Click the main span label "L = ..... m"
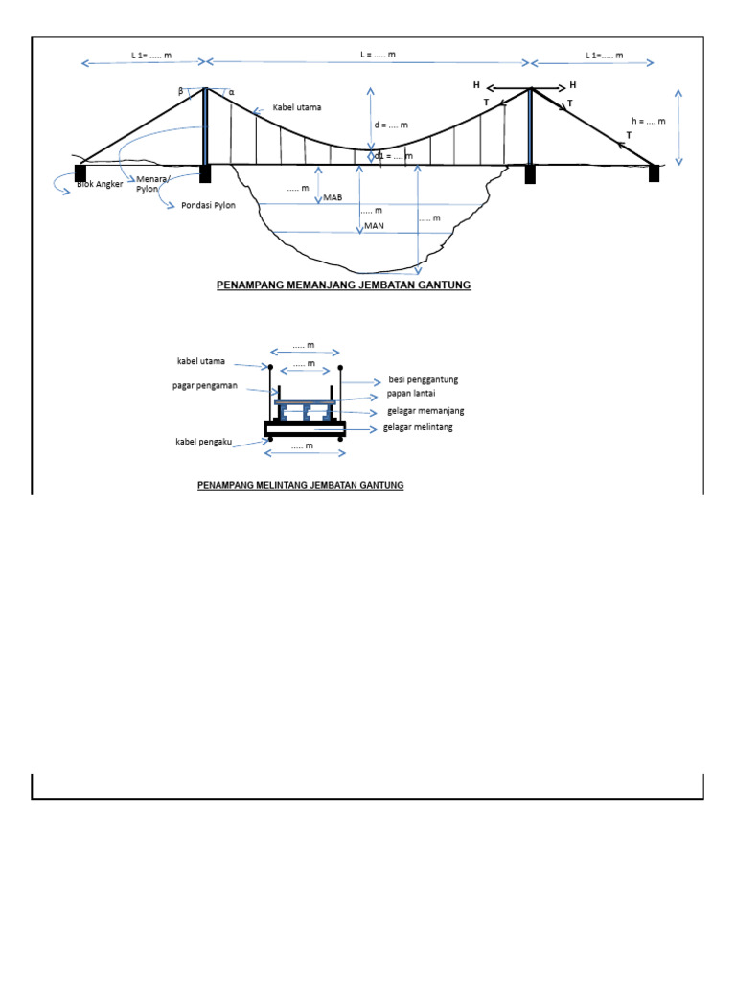coord(378,55)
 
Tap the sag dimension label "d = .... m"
coord(391,125)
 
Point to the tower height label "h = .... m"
coord(648,122)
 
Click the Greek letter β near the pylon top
coord(180,91)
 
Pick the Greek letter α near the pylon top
coord(230,93)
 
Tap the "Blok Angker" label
coord(100,184)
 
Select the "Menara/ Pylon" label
coord(151,184)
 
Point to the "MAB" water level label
coord(333,196)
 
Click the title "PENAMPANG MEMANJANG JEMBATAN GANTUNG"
coord(342,285)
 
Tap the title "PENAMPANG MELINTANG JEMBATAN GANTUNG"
coord(300,486)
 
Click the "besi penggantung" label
coord(423,379)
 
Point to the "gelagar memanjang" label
coord(425,410)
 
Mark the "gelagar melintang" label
coord(418,427)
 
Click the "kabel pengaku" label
coord(204,442)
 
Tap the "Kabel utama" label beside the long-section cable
coord(297,107)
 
